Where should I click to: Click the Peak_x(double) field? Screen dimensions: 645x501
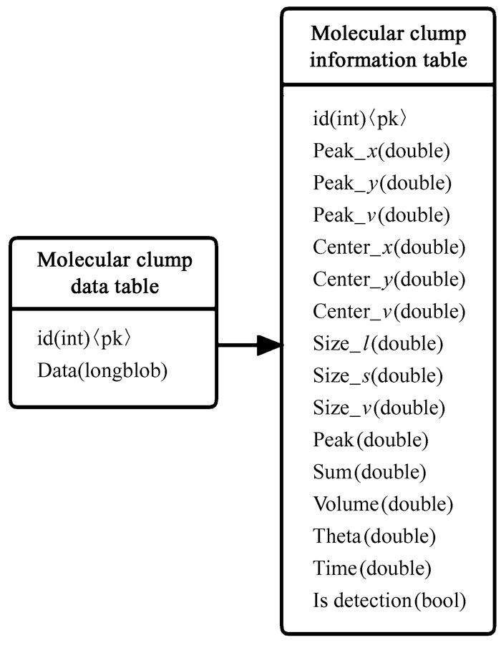381,152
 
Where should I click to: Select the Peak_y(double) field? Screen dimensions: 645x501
382,184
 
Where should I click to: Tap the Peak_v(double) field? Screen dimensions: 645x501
381,216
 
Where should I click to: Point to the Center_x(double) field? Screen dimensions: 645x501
389,248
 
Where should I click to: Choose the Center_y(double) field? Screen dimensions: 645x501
389,280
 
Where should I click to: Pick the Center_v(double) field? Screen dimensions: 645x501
389,312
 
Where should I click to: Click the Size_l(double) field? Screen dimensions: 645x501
378,344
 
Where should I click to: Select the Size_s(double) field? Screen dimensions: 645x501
378,375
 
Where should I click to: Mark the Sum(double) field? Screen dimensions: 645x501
369,472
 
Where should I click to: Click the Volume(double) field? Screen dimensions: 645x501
383,504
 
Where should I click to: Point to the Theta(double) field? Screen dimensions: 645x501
374,536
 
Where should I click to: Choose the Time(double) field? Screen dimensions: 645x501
372,568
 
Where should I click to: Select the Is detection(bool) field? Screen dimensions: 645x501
389,601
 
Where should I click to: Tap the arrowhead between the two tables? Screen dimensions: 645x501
271,346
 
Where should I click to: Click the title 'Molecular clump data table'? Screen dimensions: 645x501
115,273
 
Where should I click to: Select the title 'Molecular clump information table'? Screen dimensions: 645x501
389,46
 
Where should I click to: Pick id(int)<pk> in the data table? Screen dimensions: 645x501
84,338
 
